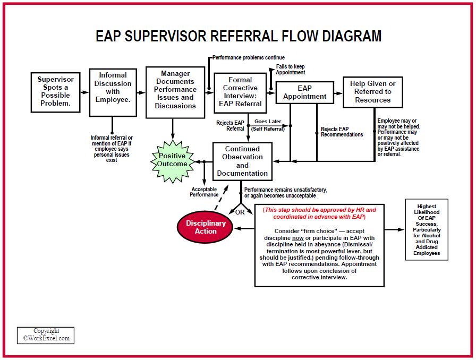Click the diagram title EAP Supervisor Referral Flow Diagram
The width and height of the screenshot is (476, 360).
point(238,36)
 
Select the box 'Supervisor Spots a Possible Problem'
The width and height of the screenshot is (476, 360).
point(55,91)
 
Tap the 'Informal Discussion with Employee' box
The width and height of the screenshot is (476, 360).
point(112,92)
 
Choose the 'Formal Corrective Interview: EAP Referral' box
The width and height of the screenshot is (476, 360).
point(240,92)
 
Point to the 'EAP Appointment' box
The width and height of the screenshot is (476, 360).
point(304,92)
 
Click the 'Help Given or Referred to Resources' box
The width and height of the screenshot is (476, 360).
point(373,92)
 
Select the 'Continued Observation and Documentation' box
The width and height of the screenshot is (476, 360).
point(242,161)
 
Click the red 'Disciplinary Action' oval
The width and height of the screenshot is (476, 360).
point(206,227)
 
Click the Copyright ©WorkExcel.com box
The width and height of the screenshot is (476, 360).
point(46,335)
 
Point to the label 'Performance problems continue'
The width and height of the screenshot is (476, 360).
point(248,57)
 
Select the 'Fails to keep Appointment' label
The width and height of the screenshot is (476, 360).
point(290,70)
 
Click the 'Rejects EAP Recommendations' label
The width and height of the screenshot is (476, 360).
point(342,132)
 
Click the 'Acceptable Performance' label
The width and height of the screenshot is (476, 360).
point(204,192)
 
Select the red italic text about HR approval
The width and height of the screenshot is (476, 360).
point(319,213)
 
